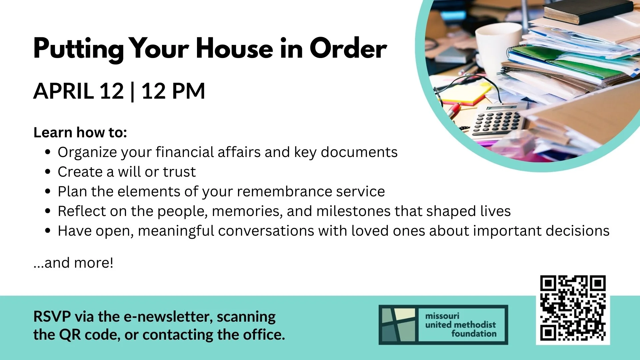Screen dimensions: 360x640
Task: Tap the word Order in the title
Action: click(348, 49)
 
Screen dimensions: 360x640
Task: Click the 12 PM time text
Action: click(173, 91)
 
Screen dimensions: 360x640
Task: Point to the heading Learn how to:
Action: click(80, 132)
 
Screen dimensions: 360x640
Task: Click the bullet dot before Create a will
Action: click(48, 172)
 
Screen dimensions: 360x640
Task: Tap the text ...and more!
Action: click(73, 263)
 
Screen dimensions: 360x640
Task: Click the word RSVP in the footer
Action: click(52, 317)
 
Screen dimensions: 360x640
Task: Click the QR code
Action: click(573, 308)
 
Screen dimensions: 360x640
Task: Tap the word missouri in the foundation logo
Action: click(442, 316)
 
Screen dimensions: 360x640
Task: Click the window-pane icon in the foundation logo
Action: click(398, 325)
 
